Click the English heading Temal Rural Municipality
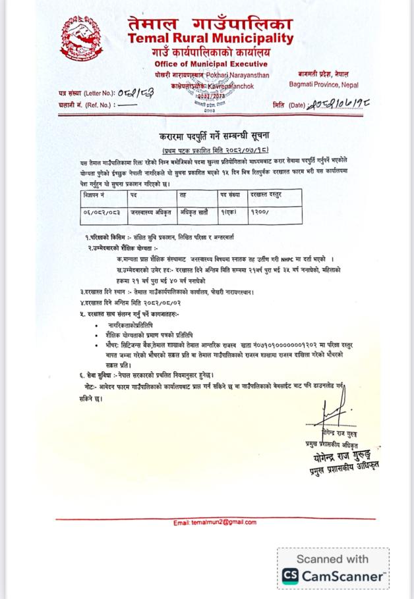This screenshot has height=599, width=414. pyautogui.click(x=211, y=38)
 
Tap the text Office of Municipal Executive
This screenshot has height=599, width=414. pyautogui.click(x=211, y=64)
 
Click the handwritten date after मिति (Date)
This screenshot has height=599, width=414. pyautogui.click(x=337, y=104)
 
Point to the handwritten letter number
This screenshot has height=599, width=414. pyautogui.click(x=139, y=93)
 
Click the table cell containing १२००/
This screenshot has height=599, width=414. pyautogui.click(x=259, y=213)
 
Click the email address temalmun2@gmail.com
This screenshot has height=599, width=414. pyautogui.click(x=215, y=523)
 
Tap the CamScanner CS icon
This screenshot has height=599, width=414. pyautogui.click(x=290, y=577)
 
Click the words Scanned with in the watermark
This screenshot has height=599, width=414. pyautogui.click(x=332, y=559)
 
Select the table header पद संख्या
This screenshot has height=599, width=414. pyautogui.click(x=231, y=195)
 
